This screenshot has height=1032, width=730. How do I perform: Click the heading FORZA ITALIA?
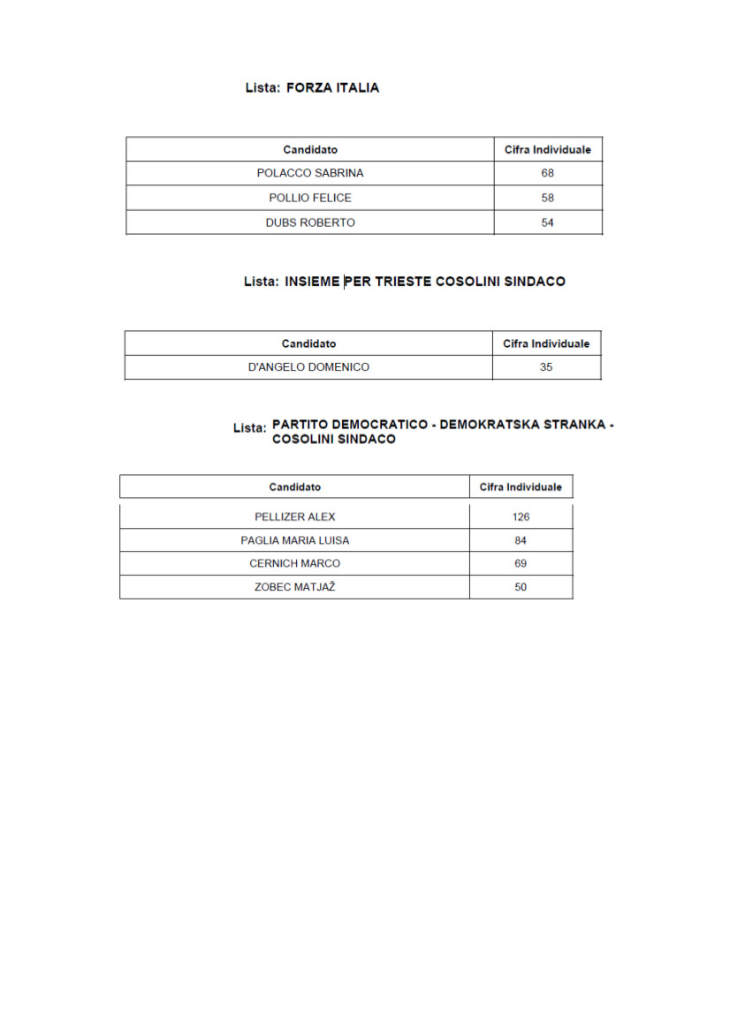tap(332, 88)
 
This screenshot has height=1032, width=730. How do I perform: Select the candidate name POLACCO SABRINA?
tap(309, 173)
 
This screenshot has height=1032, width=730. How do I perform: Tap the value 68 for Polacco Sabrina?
tap(548, 173)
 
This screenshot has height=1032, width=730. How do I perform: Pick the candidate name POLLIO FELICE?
tap(309, 198)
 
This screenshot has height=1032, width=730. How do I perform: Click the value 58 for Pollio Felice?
tap(548, 198)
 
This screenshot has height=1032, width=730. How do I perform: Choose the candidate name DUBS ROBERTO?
tap(309, 222)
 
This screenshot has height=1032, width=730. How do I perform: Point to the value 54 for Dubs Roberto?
tap(548, 222)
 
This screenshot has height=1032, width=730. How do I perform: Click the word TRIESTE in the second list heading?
tap(404, 282)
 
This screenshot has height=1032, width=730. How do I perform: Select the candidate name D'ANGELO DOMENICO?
tap(308, 367)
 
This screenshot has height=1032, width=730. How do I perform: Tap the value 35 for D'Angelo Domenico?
tap(546, 367)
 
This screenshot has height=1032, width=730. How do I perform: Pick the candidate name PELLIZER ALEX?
tap(294, 517)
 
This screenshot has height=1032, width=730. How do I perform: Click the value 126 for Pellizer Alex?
tap(521, 517)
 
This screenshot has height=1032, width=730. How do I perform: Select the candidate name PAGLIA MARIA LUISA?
tap(294, 540)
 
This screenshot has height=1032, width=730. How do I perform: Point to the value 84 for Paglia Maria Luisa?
tap(521, 540)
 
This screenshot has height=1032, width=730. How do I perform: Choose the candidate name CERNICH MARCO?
tap(294, 563)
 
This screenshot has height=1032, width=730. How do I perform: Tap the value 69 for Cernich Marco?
tap(521, 563)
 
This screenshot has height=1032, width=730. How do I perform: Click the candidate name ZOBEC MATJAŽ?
tap(294, 587)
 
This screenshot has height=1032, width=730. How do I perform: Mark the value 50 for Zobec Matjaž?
tap(521, 587)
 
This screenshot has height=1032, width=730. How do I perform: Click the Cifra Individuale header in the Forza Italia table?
tap(548, 150)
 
